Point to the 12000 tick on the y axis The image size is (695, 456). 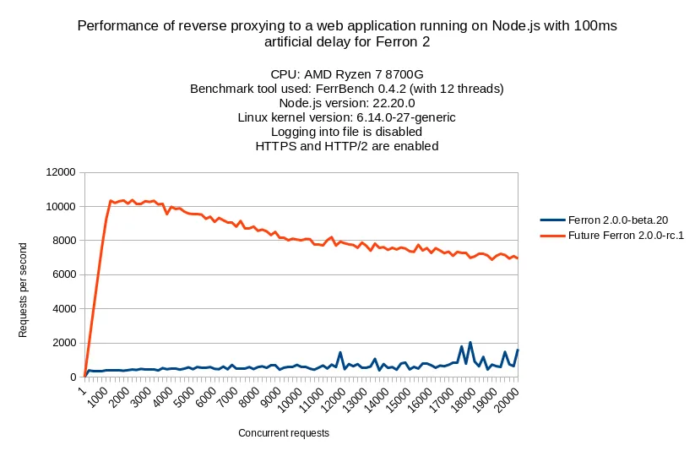click(x=60, y=172)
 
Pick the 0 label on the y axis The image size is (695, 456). click(x=73, y=377)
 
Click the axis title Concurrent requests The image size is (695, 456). click(x=283, y=433)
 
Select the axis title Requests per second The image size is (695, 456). click(x=24, y=290)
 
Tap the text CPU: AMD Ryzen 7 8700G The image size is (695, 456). click(x=346, y=74)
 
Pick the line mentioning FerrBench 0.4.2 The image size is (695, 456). click(x=346, y=89)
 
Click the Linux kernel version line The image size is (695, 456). click(x=346, y=117)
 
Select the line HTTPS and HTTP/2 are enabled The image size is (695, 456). click(x=346, y=145)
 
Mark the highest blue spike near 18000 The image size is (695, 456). click(x=470, y=342)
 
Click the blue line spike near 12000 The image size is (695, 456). click(x=340, y=353)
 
